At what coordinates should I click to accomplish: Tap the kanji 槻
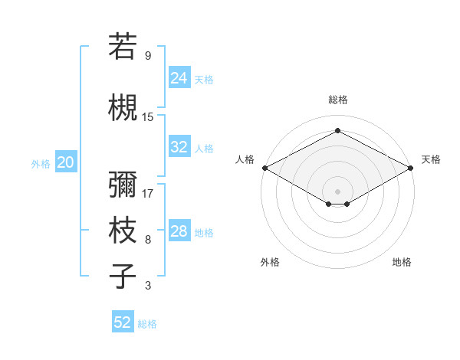click(123, 108)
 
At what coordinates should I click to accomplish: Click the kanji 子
click(123, 277)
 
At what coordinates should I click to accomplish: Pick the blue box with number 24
click(179, 78)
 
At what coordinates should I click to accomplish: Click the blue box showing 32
click(179, 147)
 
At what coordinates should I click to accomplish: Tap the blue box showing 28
click(179, 231)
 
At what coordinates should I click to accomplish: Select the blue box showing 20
click(65, 162)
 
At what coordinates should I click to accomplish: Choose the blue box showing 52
click(123, 322)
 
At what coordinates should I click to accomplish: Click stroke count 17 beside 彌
click(148, 193)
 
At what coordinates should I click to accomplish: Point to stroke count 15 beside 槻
click(148, 116)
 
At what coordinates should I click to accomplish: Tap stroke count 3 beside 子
click(148, 286)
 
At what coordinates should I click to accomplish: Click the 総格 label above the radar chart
click(337, 100)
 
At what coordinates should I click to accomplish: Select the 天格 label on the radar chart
click(431, 159)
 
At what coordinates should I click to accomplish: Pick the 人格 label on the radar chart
click(245, 159)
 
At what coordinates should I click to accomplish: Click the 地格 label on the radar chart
click(402, 262)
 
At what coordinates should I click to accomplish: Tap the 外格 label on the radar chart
click(270, 262)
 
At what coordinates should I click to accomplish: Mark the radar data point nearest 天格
click(412, 168)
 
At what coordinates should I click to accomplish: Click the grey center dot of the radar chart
click(337, 191)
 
